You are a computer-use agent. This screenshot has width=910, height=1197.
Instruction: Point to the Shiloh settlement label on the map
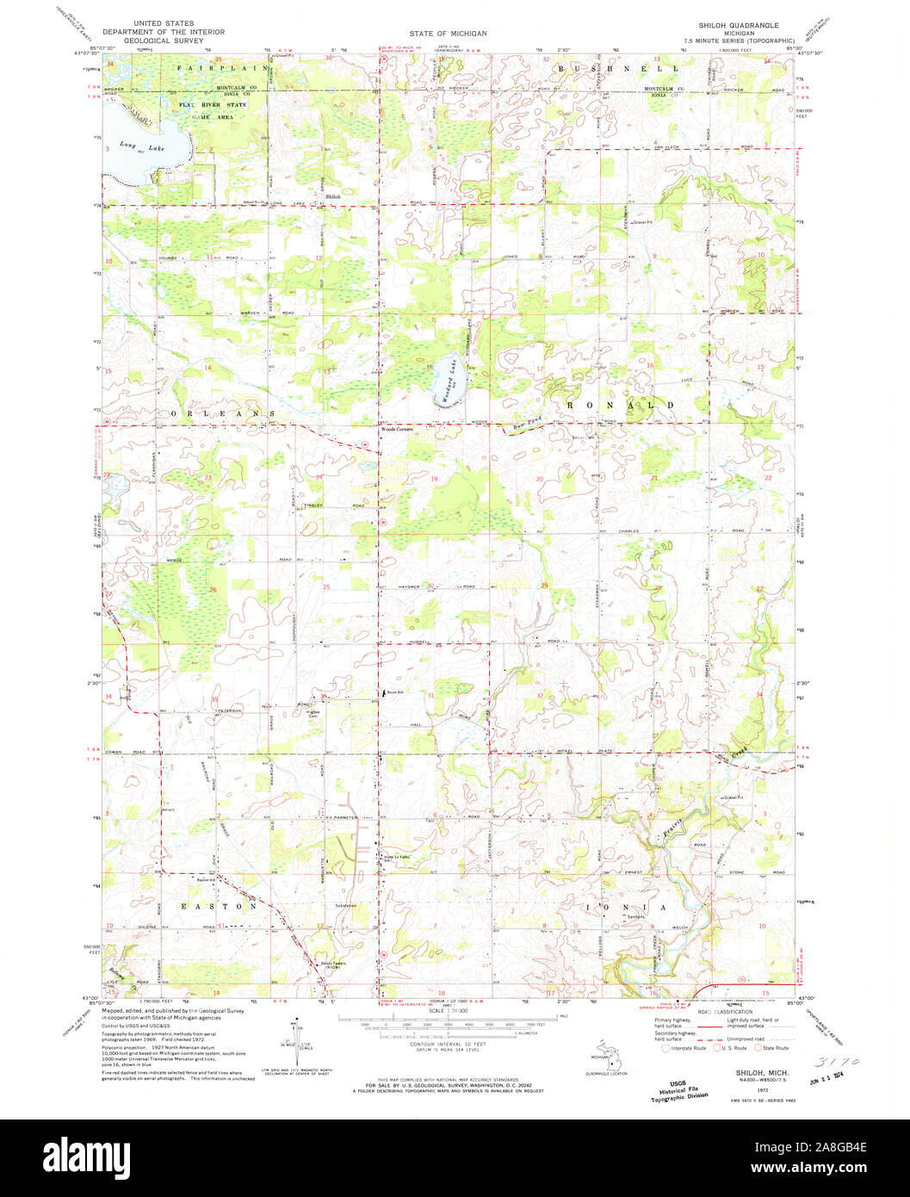333,196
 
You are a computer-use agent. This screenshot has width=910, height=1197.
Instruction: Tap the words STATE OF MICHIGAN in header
448,33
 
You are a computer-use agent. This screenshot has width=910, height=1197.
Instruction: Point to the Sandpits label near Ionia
635,917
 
